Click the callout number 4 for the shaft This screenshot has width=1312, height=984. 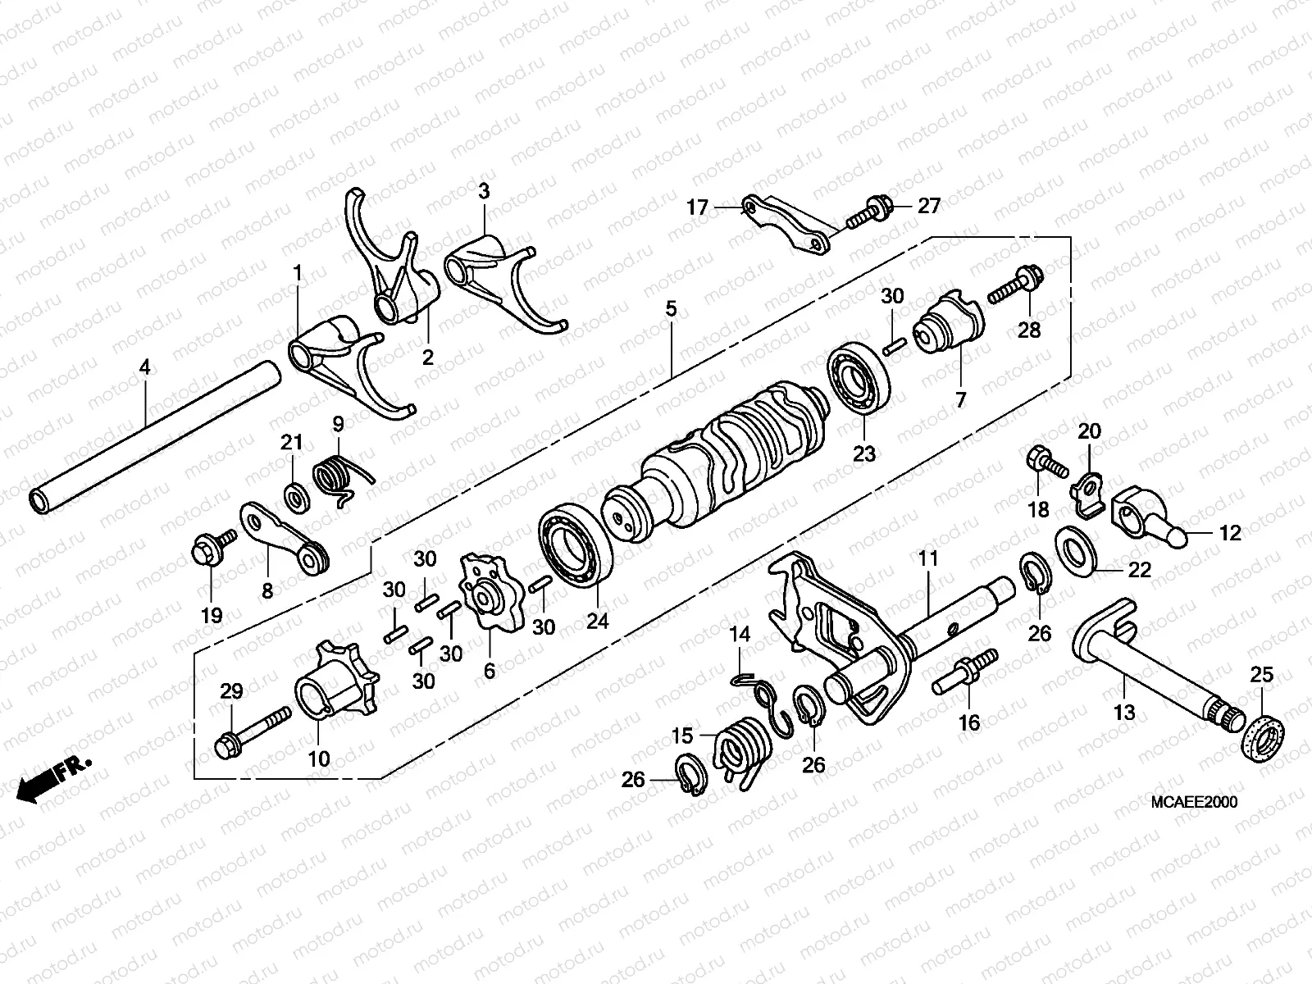click(x=144, y=368)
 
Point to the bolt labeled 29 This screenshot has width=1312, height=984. click(x=251, y=730)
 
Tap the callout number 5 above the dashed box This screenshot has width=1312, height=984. click(x=671, y=309)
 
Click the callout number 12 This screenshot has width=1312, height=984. click(x=1231, y=533)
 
